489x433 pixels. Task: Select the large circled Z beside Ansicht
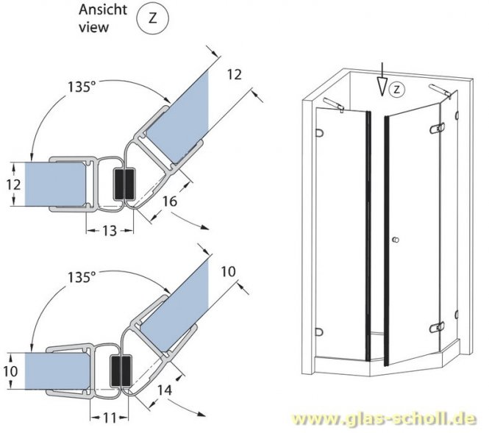pos(152,20)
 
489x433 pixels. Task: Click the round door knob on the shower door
pos(395,241)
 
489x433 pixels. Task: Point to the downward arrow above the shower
pos(380,85)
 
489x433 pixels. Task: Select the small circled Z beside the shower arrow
pos(396,90)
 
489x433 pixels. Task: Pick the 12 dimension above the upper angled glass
pos(233,75)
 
